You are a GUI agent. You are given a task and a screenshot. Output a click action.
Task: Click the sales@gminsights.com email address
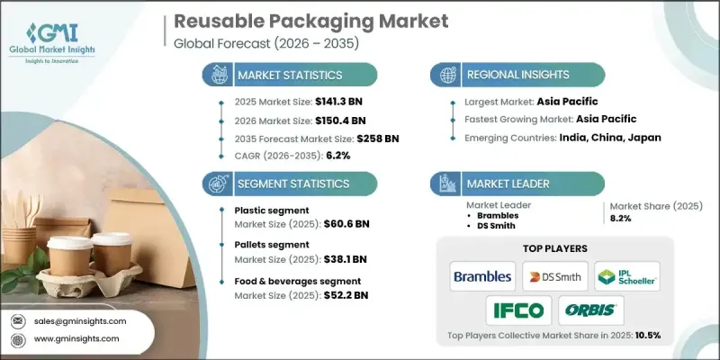(81, 321)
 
